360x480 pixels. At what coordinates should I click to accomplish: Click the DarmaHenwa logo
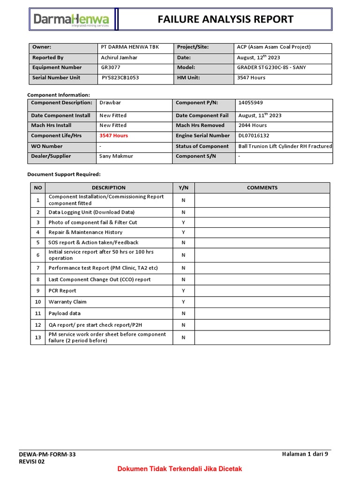(x=71, y=20)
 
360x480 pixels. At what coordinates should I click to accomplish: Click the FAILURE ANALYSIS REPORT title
(x=225, y=19)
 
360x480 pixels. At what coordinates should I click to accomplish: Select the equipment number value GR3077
(x=111, y=67)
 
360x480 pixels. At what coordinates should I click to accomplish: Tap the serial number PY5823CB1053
(x=120, y=78)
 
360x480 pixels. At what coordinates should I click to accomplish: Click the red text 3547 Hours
(x=113, y=135)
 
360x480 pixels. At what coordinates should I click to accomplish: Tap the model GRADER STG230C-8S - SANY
(x=272, y=67)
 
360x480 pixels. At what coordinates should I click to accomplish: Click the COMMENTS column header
(x=262, y=187)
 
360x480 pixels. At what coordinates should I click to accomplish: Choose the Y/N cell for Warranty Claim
(x=184, y=302)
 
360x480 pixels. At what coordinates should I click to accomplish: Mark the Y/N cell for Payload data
(x=184, y=314)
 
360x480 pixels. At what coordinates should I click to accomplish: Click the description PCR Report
(x=62, y=291)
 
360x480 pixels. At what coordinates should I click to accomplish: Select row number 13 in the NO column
(x=38, y=337)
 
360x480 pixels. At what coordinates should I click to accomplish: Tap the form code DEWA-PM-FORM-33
(x=47, y=454)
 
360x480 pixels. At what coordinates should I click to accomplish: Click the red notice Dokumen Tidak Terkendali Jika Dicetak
(x=180, y=469)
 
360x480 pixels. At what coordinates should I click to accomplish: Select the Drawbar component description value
(x=110, y=103)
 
